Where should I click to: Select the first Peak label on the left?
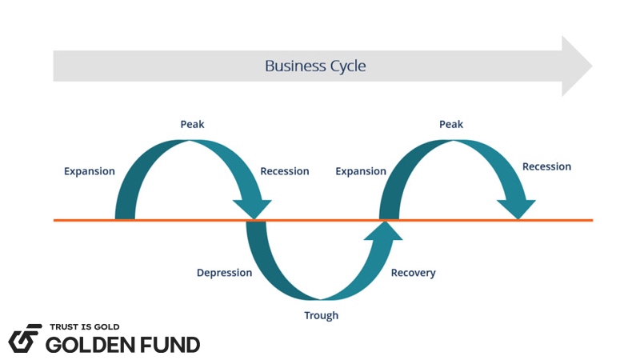192,124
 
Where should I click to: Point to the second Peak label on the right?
451,124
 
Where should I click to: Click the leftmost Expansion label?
90,171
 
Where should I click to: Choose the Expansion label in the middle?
361,171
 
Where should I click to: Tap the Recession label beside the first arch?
285,171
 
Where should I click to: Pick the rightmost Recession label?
546,166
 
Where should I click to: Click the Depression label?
224,273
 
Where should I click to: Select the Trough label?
321,315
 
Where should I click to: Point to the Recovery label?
413,273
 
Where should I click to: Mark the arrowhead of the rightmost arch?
517,207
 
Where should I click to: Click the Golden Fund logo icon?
25,338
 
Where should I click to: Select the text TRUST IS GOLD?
84,327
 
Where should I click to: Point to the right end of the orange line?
591,219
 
